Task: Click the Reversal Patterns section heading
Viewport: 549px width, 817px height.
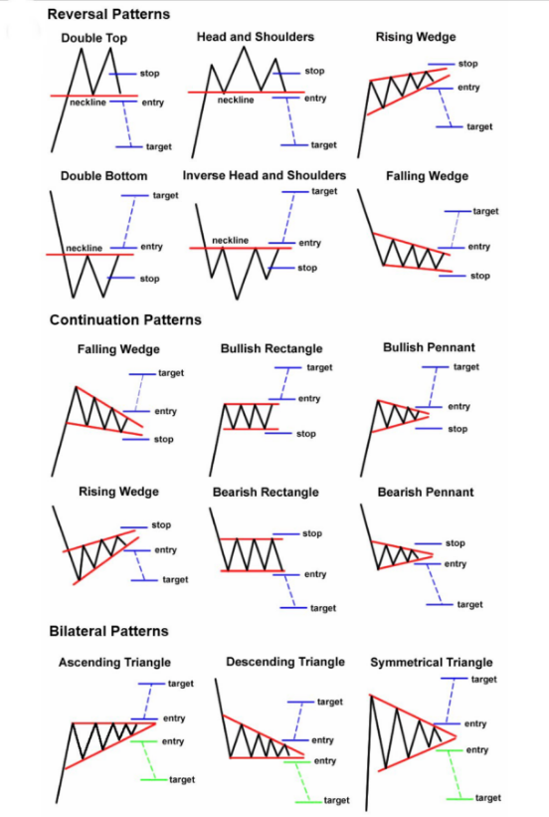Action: tap(108, 14)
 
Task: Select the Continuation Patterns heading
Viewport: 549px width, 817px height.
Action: tap(125, 319)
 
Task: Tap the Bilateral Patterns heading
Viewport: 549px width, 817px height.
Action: tap(108, 631)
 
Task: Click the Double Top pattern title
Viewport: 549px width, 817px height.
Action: tap(93, 38)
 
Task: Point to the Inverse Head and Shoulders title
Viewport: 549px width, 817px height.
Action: tap(265, 175)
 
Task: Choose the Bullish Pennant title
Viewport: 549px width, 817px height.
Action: tap(429, 347)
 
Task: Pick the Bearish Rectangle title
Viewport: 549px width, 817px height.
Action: tap(266, 493)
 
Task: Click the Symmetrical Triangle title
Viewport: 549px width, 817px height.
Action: tap(432, 662)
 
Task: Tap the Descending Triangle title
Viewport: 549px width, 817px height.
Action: tap(285, 662)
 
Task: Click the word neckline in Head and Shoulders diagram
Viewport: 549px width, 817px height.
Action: tap(236, 100)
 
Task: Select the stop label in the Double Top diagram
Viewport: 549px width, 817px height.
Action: tap(149, 74)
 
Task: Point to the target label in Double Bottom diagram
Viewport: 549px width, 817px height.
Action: tap(165, 195)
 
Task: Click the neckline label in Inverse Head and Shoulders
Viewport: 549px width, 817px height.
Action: tap(230, 240)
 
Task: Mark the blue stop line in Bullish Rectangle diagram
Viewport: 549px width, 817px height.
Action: tap(278, 434)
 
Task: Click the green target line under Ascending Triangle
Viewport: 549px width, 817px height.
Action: tap(154, 779)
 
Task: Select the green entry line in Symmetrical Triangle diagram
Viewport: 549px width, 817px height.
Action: tap(449, 750)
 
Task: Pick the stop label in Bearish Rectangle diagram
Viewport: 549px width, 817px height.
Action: tap(312, 533)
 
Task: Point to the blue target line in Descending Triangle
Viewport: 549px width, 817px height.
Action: tap(300, 703)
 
